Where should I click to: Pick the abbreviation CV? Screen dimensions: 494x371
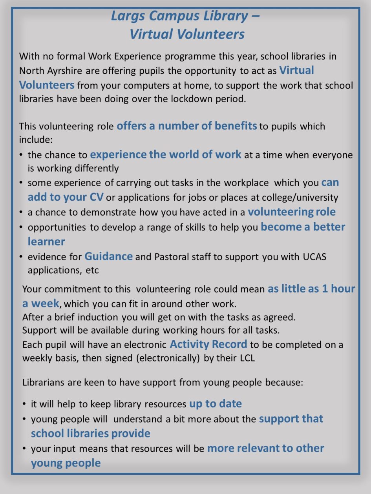96,197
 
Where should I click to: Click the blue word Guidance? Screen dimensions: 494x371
108,256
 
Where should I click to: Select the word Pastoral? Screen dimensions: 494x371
174,257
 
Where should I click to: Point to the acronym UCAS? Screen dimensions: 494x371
314,257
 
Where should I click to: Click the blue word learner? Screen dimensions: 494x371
46,242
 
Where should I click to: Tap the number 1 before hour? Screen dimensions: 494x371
325,289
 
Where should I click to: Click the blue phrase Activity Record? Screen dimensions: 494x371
208,344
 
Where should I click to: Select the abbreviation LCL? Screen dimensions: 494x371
247,358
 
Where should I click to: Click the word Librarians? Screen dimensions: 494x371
43,382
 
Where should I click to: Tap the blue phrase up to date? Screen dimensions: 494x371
215,403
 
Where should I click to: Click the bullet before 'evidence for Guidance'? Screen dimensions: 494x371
21,257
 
